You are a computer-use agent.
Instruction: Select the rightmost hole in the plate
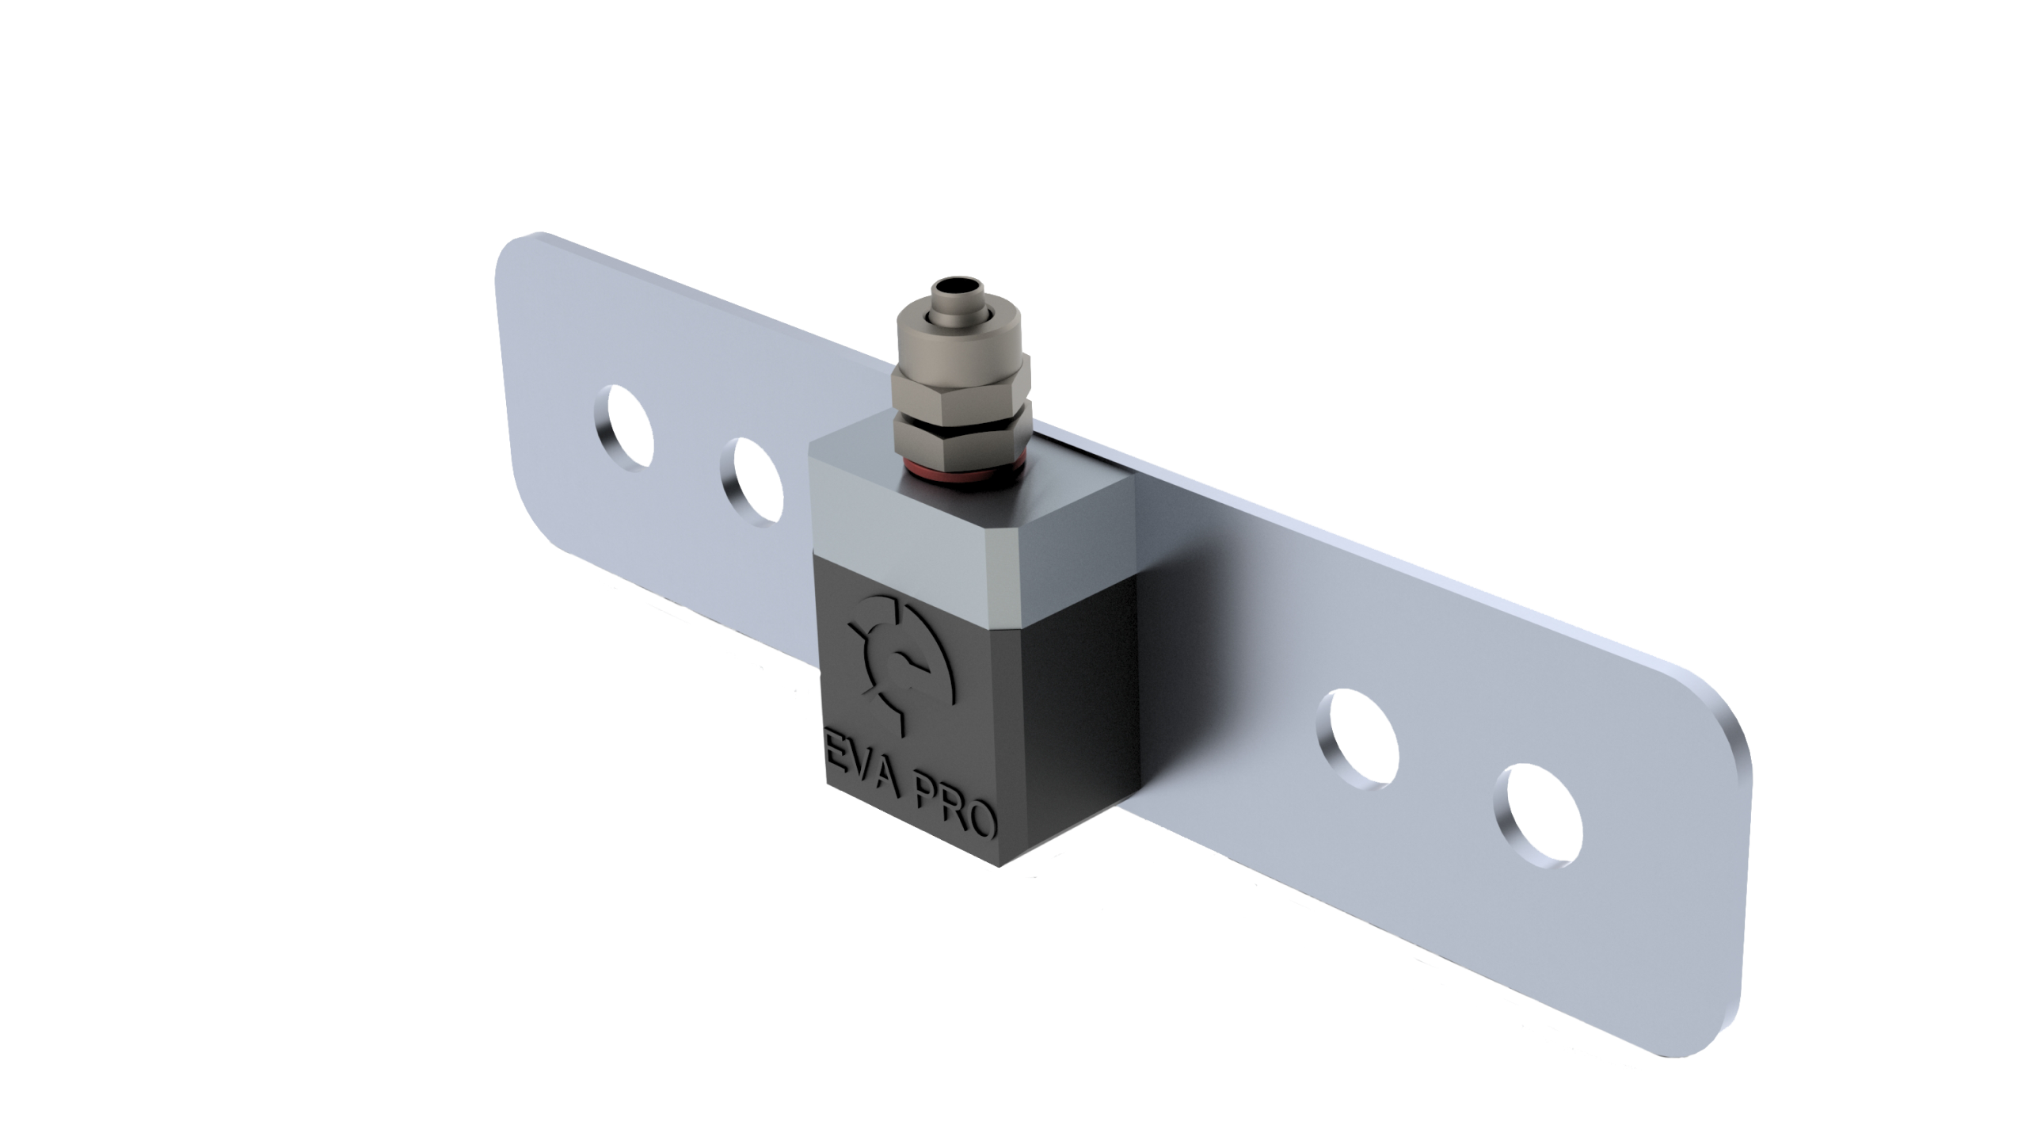[x=1539, y=815]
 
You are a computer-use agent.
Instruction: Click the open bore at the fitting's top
[x=958, y=284]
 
